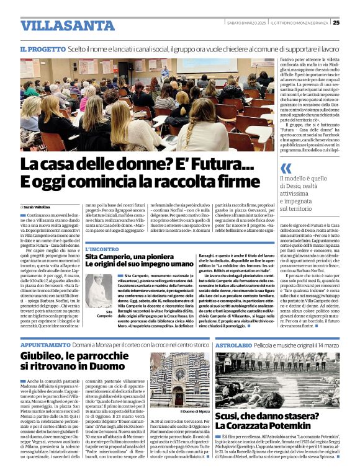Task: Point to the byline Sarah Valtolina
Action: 38,206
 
